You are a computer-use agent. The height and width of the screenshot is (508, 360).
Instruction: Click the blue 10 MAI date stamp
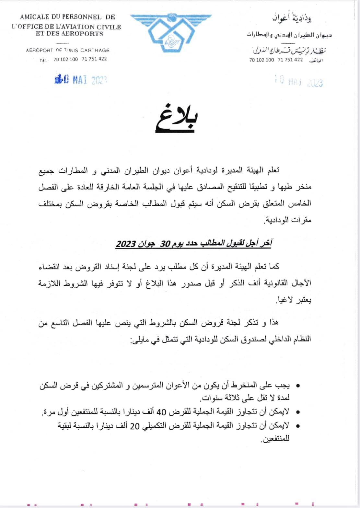point(81,80)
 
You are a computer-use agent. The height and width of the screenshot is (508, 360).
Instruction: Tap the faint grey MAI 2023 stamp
point(298,81)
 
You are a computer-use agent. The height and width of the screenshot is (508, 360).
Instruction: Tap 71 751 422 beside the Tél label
point(94,59)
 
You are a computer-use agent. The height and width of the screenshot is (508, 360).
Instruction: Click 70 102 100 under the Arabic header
point(261,60)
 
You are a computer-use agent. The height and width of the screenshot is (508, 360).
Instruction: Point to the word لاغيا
point(281,300)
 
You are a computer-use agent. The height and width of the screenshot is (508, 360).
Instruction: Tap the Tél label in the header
point(43,60)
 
